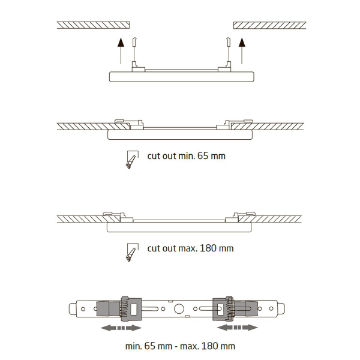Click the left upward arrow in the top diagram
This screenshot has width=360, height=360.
121,51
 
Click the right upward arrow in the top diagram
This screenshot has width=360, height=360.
242,51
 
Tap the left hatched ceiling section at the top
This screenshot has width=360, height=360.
93,25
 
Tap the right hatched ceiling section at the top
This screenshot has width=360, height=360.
270,25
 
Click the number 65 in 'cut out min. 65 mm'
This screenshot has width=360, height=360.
203,156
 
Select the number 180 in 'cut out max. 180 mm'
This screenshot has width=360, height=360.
208,248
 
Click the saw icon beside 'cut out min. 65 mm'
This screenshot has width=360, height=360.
132,160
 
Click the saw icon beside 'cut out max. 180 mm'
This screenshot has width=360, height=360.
132,252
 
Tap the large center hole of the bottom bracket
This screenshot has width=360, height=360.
179,309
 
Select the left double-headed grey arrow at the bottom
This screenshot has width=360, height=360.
121,328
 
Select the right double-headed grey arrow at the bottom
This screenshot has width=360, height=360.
238,328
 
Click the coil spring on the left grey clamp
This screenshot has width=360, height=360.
123,309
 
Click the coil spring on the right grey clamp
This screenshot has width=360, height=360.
230,309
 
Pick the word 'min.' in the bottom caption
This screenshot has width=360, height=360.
134,346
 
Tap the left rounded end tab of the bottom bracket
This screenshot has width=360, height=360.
73,309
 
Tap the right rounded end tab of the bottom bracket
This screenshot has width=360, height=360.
281,309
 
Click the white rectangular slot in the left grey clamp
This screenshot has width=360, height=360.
133,309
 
